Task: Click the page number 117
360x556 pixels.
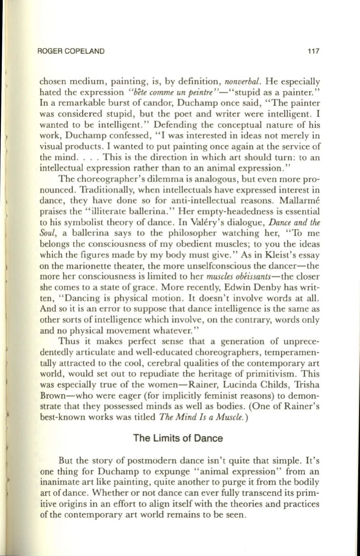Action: pos(314,52)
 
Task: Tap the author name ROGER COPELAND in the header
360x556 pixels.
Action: pos(73,52)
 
